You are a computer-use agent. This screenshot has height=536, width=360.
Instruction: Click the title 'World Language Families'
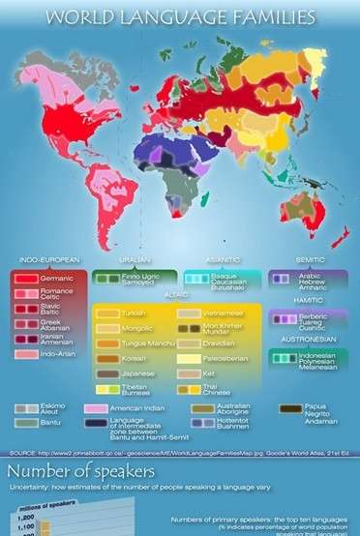point(180,16)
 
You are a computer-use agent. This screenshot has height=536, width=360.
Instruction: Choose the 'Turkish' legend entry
point(134,314)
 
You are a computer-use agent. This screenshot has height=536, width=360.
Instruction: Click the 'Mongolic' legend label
point(136,329)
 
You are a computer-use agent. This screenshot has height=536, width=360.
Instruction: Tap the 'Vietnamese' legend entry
point(224,314)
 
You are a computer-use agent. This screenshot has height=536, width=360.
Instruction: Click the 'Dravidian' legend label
point(222,343)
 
